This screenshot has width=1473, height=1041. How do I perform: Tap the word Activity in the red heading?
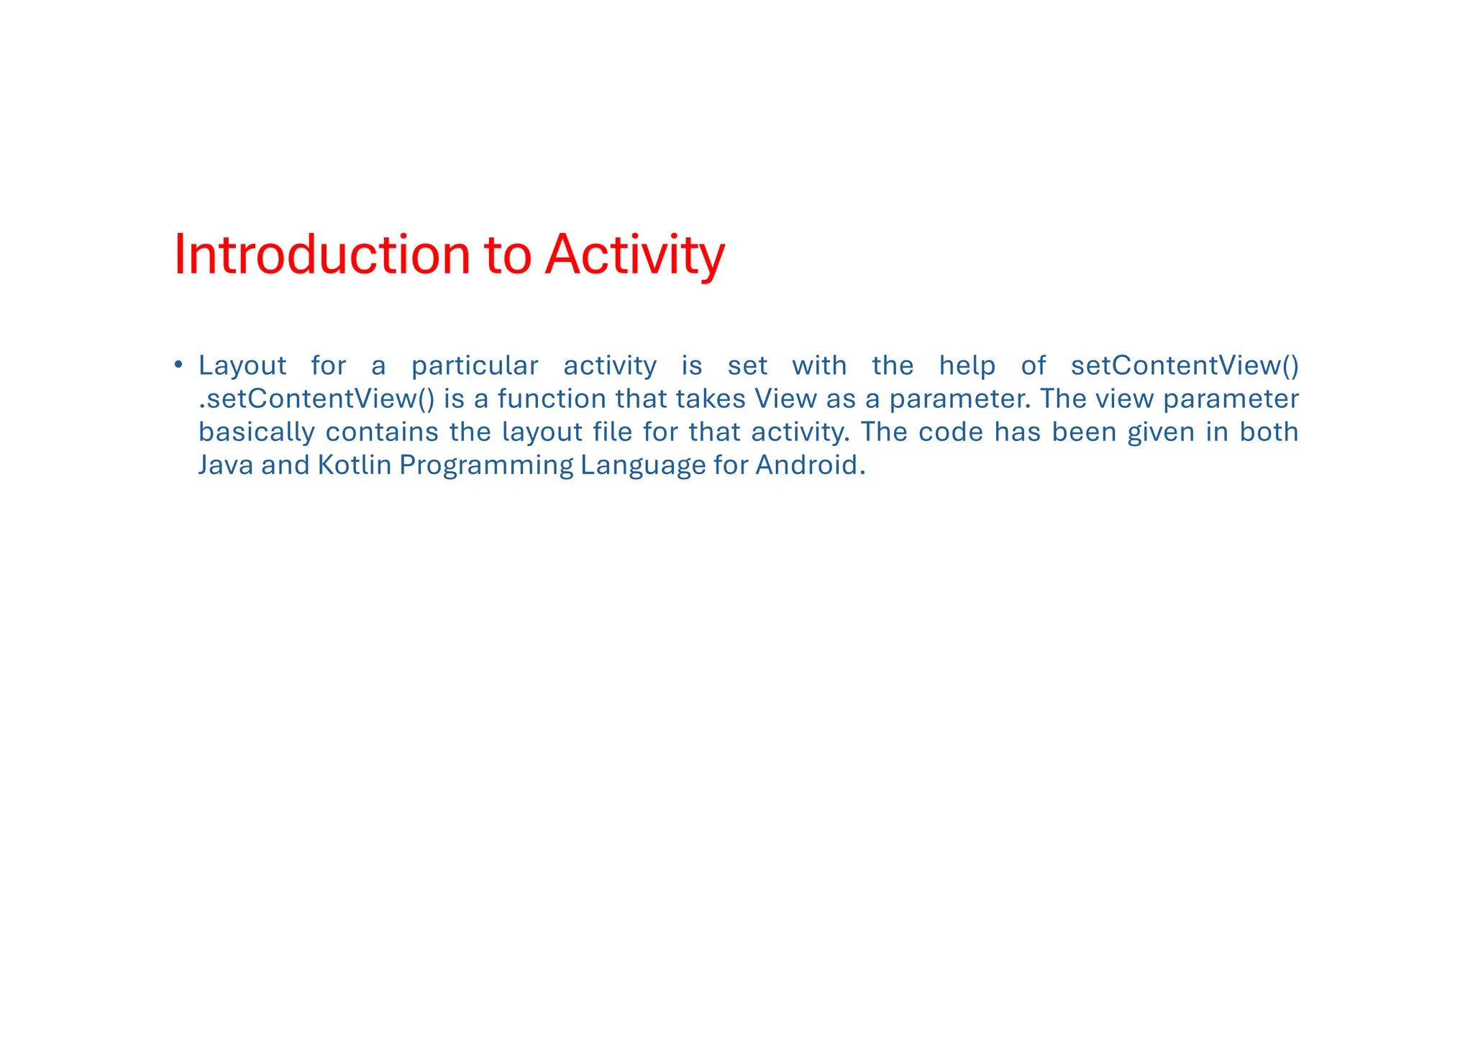click(634, 255)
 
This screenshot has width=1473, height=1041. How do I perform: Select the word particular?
click(474, 366)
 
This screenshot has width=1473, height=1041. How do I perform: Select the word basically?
click(257, 432)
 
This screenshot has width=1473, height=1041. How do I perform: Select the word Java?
click(225, 465)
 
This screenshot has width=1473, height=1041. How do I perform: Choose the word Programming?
click(486, 466)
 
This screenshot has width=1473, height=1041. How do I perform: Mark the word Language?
click(643, 466)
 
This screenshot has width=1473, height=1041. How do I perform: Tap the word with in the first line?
click(819, 366)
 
